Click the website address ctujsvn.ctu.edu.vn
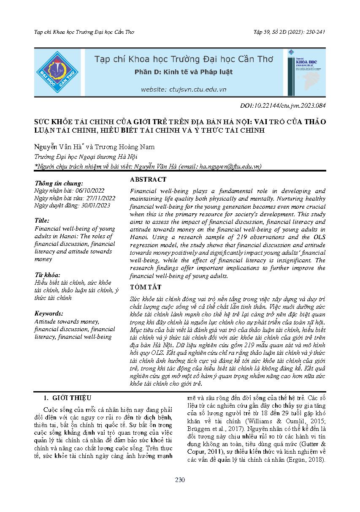pos(184,90)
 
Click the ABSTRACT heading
pos(148,180)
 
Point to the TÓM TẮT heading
pos(146,287)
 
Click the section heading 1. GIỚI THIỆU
pos(68,398)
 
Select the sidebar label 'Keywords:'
pos(49,313)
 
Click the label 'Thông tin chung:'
pos(59,183)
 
